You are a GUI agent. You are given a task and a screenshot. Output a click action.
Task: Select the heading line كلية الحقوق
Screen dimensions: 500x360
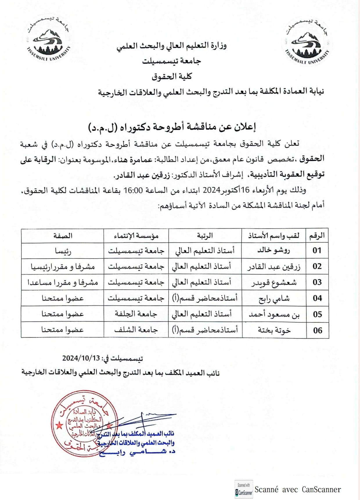pyautogui.click(x=172, y=76)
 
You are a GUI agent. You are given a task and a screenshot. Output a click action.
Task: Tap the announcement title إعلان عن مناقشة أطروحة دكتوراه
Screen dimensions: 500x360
pyautogui.click(x=172, y=127)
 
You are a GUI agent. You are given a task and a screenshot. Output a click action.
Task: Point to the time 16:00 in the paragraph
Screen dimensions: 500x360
pyautogui.click(x=133, y=190)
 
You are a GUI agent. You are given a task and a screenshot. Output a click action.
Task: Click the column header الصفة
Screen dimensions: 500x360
pyautogui.click(x=62, y=236)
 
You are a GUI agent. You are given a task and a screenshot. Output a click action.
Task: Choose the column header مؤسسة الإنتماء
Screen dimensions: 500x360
pyautogui.click(x=136, y=236)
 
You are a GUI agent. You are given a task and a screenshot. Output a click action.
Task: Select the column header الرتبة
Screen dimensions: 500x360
pyautogui.click(x=205, y=236)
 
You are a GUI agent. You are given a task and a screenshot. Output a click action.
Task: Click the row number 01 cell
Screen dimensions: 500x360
pyautogui.click(x=317, y=250)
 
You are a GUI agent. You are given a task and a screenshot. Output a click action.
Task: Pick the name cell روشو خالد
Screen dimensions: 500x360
pyautogui.click(x=273, y=250)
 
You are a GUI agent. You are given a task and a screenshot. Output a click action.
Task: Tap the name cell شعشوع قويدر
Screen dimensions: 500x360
pyautogui.click(x=274, y=282)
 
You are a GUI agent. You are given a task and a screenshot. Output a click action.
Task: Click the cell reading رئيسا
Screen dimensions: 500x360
pyautogui.click(x=63, y=251)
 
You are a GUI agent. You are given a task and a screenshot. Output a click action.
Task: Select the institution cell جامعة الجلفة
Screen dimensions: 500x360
pyautogui.click(x=136, y=314)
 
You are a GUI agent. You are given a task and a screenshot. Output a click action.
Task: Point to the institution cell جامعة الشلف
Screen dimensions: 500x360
pyautogui.click(x=136, y=330)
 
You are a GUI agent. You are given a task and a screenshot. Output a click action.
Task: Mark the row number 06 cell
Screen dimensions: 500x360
pyautogui.click(x=318, y=330)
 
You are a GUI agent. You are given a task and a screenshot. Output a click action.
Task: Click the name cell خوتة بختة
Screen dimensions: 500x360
pyautogui.click(x=274, y=330)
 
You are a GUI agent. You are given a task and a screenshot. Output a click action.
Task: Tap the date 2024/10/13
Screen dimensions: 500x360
pyautogui.click(x=81, y=358)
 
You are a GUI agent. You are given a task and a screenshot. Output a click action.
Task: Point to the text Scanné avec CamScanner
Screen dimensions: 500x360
pyautogui.click(x=298, y=490)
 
